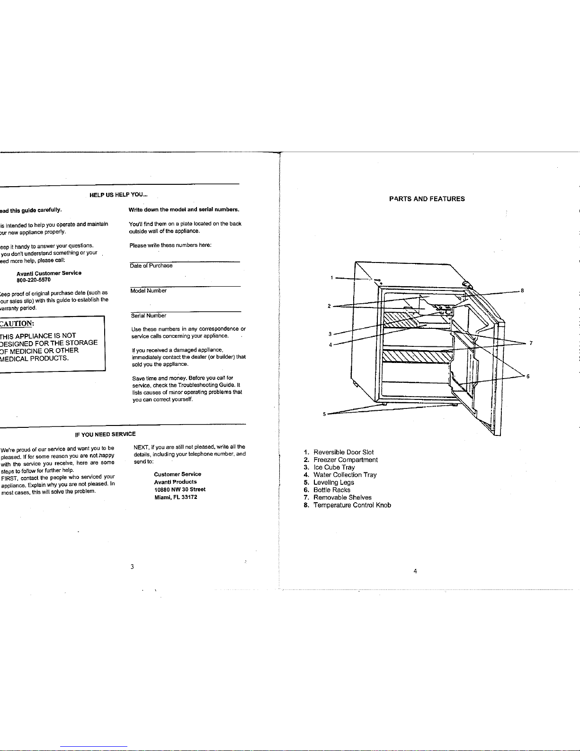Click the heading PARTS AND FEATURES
[427, 199]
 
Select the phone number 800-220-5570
[34, 280]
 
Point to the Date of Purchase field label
[151, 266]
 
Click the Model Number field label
[148, 291]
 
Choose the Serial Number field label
[148, 316]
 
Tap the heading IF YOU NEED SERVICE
[105, 434]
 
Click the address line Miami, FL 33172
[176, 497]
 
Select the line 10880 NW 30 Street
[180, 489]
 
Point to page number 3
[133, 567]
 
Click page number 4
[415, 571]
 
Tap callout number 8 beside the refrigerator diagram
[522, 290]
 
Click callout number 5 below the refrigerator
[324, 414]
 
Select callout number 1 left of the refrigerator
[332, 278]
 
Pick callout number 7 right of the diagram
[531, 343]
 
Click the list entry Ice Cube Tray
[334, 467]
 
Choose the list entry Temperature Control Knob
[352, 505]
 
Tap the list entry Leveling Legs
[333, 482]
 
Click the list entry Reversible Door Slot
[343, 452]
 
